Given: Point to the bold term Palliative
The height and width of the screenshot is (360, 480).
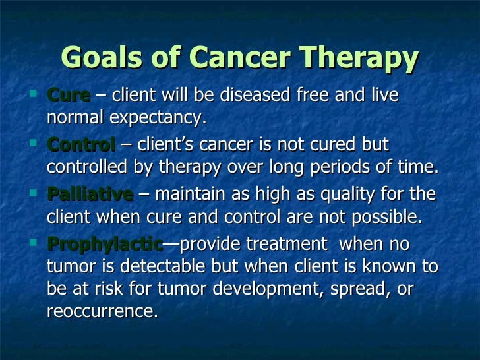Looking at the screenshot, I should [90, 195].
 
